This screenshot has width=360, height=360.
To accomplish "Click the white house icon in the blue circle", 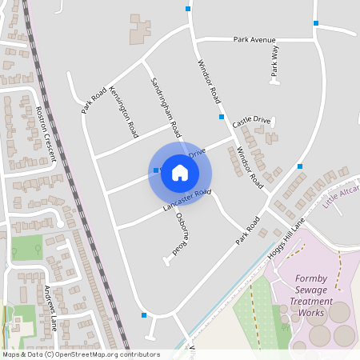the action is pyautogui.click(x=180, y=173).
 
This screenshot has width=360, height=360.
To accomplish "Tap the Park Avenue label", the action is pyautogui.click(x=254, y=39).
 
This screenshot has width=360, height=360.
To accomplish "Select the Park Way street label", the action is pyautogui.click(x=275, y=61).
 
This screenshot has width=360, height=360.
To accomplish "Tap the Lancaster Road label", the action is pyautogui.click(x=186, y=201).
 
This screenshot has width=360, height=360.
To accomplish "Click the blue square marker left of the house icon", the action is pyautogui.click(x=154, y=170).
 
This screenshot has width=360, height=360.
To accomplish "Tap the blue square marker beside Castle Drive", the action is pyautogui.click(x=222, y=117).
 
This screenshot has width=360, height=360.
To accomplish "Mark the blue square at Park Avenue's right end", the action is pyautogui.click(x=317, y=22).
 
